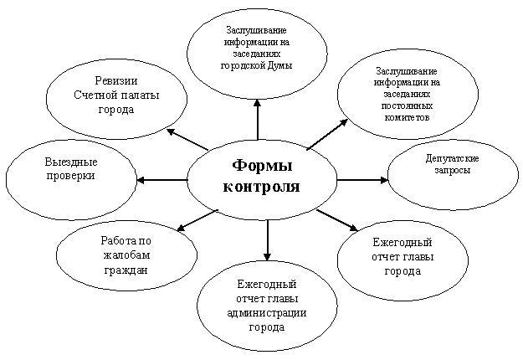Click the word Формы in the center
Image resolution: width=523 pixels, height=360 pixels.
pyautogui.click(x=262, y=166)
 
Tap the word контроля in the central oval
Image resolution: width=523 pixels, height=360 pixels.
pyautogui.click(x=261, y=187)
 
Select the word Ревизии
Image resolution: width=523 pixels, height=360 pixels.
pyautogui.click(x=116, y=80)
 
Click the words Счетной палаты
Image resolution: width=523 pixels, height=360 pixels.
pyautogui.click(x=116, y=95)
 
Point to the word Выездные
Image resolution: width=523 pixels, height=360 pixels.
pyautogui.click(x=71, y=162)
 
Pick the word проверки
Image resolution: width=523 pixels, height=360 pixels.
pyautogui.click(x=71, y=176)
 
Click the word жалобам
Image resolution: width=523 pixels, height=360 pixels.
pyautogui.click(x=126, y=255)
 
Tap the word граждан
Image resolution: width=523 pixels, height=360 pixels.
pyautogui.click(x=126, y=270)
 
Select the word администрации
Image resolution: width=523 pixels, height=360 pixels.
pyautogui.click(x=267, y=313)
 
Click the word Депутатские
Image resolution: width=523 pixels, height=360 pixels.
pyautogui.click(x=452, y=158)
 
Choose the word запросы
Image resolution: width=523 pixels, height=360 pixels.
pyautogui.click(x=452, y=170)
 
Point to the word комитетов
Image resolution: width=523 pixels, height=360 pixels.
pyautogui.click(x=407, y=117)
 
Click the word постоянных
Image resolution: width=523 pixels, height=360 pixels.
pyautogui.click(x=407, y=105)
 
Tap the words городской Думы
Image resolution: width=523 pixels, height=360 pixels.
pyautogui.click(x=257, y=65)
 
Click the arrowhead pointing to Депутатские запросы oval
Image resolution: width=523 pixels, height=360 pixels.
pyautogui.click(x=384, y=180)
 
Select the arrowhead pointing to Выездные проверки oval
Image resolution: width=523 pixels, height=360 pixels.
pyautogui.click(x=141, y=180)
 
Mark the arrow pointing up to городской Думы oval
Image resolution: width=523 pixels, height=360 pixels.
pyautogui.click(x=257, y=119)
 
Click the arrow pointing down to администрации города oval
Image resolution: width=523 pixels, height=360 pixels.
pyautogui.click(x=267, y=240)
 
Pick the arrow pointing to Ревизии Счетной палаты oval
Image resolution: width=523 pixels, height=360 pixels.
pyautogui.click(x=187, y=139)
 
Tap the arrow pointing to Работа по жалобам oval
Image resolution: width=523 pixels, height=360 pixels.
pyautogui.click(x=197, y=220)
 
